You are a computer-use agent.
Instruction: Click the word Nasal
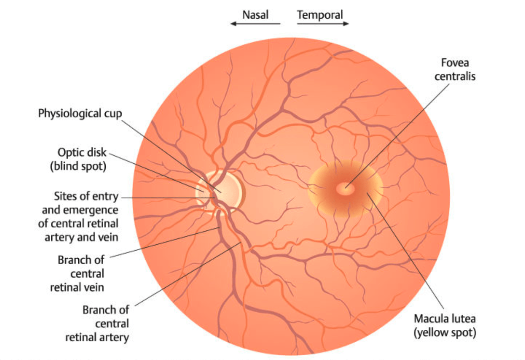click(255, 15)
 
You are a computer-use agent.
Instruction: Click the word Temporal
click(320, 15)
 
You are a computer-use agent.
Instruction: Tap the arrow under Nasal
click(255, 24)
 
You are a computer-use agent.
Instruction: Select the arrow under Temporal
click(323, 24)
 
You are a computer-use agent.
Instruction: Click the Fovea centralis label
click(455, 70)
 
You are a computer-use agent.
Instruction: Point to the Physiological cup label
click(80, 114)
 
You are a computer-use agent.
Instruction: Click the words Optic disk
click(82, 152)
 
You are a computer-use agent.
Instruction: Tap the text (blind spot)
click(78, 166)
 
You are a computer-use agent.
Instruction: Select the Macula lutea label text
click(445, 319)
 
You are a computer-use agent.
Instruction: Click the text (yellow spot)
click(445, 333)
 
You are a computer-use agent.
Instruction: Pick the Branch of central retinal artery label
click(97, 324)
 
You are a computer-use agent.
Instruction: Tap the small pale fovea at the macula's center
click(345, 189)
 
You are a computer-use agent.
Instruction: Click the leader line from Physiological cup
click(171, 156)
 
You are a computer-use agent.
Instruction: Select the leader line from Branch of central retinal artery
click(188, 274)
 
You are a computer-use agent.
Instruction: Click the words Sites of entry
click(86, 196)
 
